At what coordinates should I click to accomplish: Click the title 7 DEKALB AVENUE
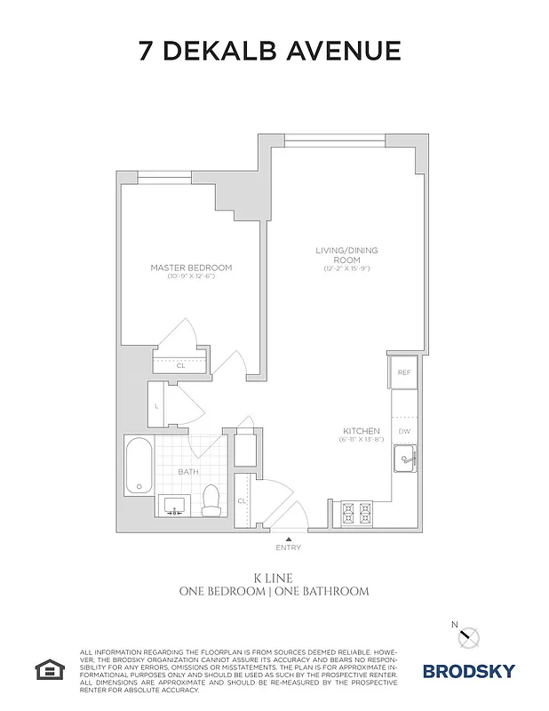(270, 51)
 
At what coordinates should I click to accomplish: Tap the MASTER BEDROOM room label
(191, 268)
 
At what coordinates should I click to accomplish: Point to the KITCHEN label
(362, 431)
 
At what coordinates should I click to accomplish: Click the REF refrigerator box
(403, 372)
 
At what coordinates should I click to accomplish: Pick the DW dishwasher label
(404, 431)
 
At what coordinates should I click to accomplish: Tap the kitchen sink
(405, 459)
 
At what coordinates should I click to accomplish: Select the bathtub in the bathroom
(139, 467)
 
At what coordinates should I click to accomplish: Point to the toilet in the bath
(211, 502)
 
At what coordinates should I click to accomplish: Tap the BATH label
(187, 472)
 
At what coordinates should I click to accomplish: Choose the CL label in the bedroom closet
(180, 364)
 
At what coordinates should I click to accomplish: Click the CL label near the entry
(242, 501)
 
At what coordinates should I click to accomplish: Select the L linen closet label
(157, 406)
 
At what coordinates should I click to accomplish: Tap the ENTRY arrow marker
(288, 539)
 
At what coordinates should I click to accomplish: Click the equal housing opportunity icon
(46, 668)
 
